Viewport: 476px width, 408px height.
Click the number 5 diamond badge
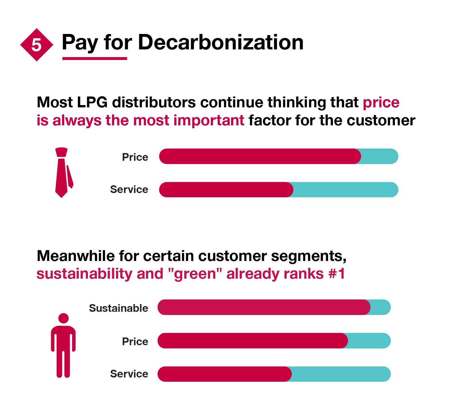[37, 45]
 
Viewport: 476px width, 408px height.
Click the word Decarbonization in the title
[220, 43]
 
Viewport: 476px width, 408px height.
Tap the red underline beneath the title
[95, 59]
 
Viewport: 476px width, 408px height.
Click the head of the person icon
[63, 318]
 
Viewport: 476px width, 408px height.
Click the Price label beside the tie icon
[135, 157]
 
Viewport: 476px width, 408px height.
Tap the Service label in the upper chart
[129, 189]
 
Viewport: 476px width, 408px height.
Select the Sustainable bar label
[119, 308]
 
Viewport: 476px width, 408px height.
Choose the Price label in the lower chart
[135, 341]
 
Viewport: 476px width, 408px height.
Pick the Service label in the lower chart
[129, 374]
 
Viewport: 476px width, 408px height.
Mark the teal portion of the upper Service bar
[346, 190]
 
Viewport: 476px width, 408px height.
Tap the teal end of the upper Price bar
[380, 156]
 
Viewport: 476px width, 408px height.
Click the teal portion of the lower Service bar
[341, 374]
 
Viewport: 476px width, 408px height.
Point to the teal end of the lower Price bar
[369, 341]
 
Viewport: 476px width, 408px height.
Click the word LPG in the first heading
[92, 102]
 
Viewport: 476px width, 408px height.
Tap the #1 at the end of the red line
[337, 274]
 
